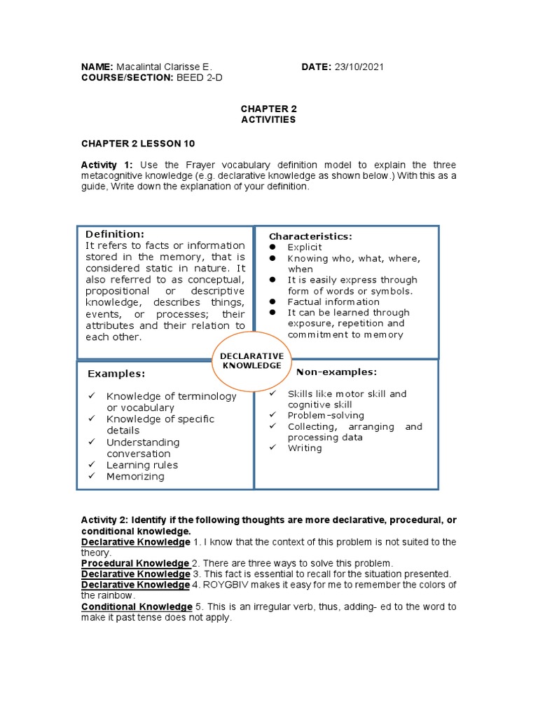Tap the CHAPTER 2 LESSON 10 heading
tap(138, 143)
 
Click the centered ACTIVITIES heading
tap(268, 119)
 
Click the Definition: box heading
tap(115, 233)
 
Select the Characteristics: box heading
tap(311, 236)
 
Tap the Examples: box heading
tap(116, 374)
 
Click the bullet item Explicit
tap(305, 248)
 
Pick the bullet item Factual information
tap(332, 302)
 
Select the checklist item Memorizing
tap(135, 476)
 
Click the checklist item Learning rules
tap(142, 465)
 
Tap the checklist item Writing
tap(305, 448)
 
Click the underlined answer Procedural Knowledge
tap(135, 563)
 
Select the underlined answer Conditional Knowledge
tap(137, 607)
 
